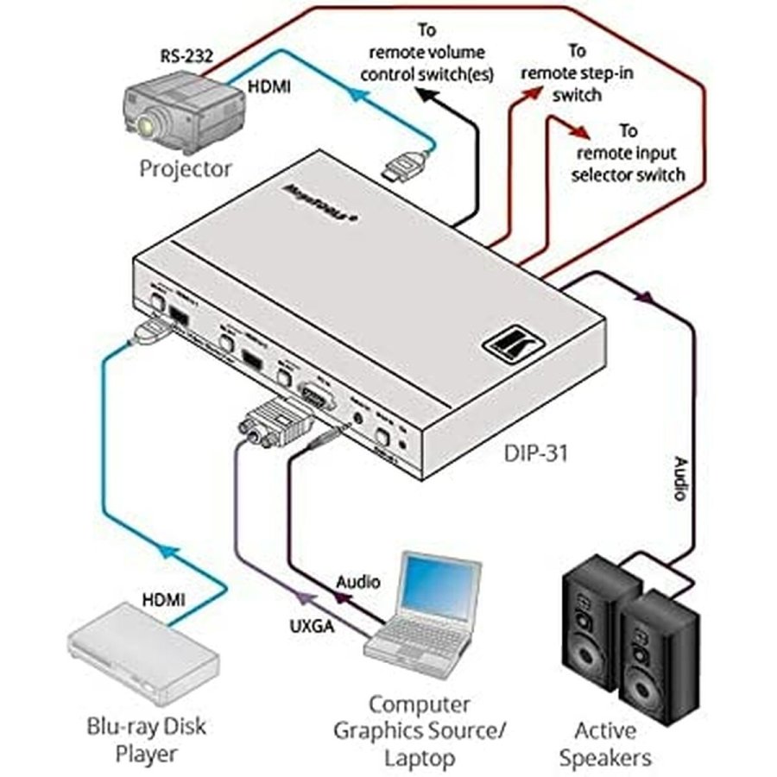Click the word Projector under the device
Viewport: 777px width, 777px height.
[186, 167]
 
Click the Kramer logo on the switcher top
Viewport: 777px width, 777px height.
[505, 344]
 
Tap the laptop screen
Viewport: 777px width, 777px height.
[440, 588]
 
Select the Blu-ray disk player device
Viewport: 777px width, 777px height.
[142, 657]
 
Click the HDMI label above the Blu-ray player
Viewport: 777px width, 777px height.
[163, 597]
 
